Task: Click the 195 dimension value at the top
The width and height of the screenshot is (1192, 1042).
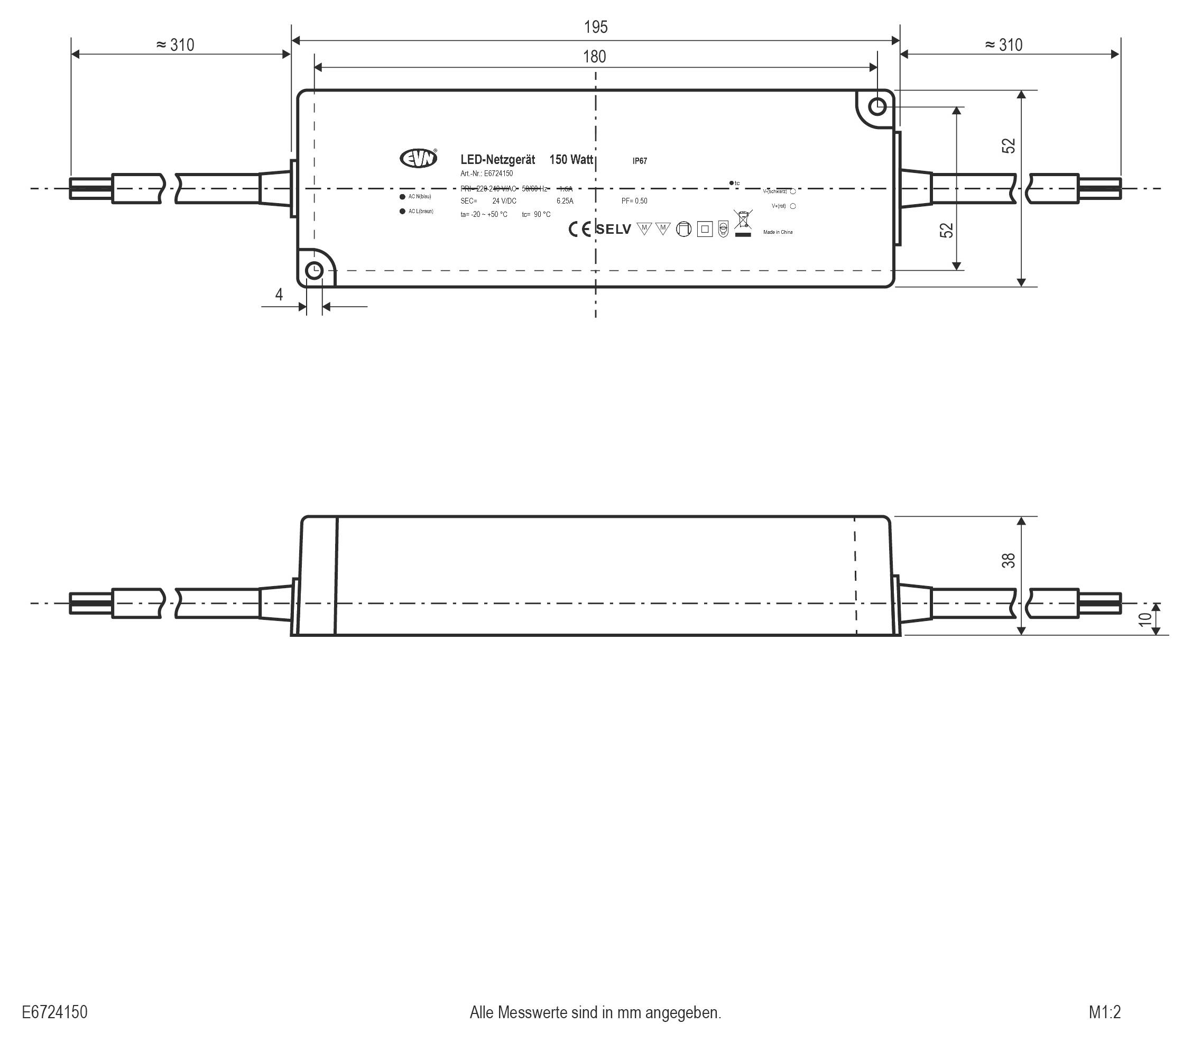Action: [595, 27]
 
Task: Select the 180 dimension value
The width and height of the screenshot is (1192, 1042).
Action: [594, 57]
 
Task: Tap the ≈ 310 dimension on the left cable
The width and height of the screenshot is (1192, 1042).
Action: [175, 45]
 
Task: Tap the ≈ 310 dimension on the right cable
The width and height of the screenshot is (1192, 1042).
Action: [1004, 45]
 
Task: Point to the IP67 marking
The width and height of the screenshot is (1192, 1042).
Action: [639, 161]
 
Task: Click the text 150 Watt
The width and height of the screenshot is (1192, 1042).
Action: [571, 159]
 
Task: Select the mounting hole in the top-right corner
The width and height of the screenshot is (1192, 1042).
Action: [877, 106]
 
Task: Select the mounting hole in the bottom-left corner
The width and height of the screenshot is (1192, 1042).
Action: [314, 270]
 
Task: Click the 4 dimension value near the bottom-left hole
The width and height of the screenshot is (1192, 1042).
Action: [279, 295]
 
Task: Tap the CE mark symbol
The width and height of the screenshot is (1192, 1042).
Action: [579, 229]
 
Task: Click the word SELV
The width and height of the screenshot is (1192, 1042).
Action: [613, 229]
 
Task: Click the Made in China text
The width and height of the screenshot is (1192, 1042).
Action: [778, 232]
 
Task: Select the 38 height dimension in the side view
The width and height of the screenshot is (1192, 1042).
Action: [1009, 561]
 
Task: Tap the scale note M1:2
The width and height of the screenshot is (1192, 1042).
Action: [1104, 1012]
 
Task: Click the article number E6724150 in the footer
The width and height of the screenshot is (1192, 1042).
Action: [54, 1012]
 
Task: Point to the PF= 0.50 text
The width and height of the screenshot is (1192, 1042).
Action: [634, 201]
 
